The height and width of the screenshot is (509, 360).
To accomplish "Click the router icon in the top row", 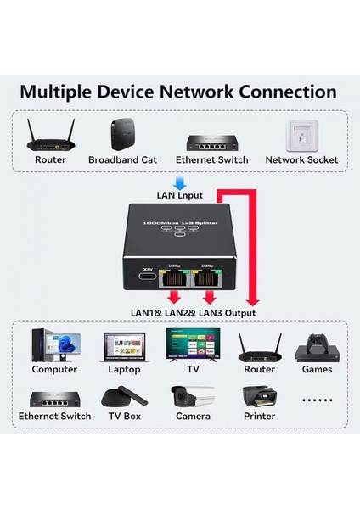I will pyautogui.click(x=50, y=133).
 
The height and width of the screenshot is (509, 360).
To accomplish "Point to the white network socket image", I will pyautogui.click(x=301, y=133).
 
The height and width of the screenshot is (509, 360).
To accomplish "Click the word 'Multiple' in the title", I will pyautogui.click(x=59, y=92).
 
